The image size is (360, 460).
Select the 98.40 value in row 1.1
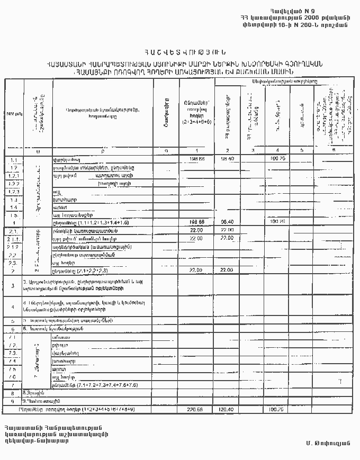227,158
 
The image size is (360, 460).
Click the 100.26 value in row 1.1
278,158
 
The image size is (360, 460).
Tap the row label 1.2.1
14,175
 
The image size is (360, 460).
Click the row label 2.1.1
14,239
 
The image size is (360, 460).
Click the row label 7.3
14,353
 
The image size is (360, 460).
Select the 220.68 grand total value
196,409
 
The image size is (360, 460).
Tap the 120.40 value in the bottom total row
227,409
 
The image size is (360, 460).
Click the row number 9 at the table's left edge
12,401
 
